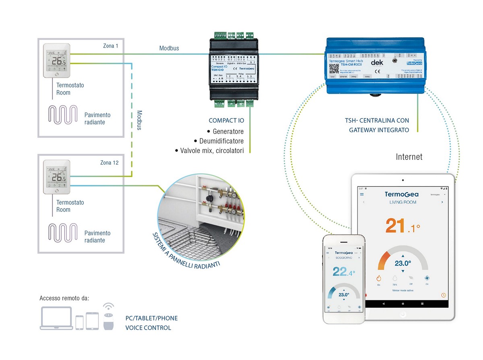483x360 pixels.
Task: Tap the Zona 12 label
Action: (x=109, y=163)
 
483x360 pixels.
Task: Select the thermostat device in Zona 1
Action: (x=56, y=61)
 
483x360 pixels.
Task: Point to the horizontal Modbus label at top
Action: (x=169, y=48)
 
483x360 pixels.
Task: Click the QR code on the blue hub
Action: (x=333, y=68)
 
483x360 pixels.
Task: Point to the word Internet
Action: (x=409, y=157)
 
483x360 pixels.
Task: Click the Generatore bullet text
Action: (x=228, y=132)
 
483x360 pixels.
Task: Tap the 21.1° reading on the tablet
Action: (x=402, y=227)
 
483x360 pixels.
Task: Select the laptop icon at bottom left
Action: (x=56, y=318)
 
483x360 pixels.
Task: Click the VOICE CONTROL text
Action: (x=148, y=328)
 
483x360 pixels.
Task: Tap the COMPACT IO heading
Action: (x=226, y=120)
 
